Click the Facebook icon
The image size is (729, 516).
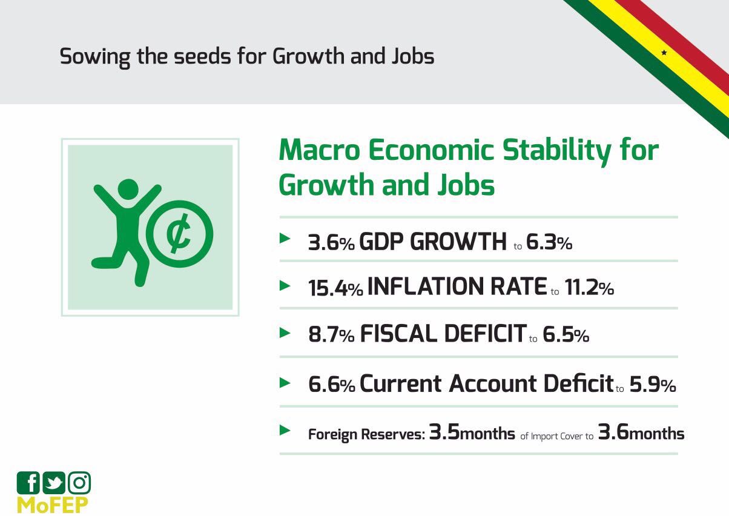pos(28,482)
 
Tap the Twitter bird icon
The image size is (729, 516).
pos(54,482)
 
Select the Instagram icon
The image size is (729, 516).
pos(79,482)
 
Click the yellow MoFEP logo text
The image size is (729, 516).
pos(53,505)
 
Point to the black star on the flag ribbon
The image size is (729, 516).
pos(664,53)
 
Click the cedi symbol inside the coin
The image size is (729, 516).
pos(179,233)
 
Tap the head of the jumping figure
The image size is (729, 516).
pos(128,189)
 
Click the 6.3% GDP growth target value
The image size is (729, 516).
pos(549,242)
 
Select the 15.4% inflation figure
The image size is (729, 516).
pos(335,288)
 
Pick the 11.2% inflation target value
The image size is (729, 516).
pos(589,288)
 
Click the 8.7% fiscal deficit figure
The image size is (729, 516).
pos(331,334)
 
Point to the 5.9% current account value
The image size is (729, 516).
pos(653,385)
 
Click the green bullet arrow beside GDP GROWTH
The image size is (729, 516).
pos(285,238)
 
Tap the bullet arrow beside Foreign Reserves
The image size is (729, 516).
pos(285,431)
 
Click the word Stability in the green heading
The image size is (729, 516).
pos(556,151)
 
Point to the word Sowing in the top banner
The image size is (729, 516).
pos(95,57)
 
